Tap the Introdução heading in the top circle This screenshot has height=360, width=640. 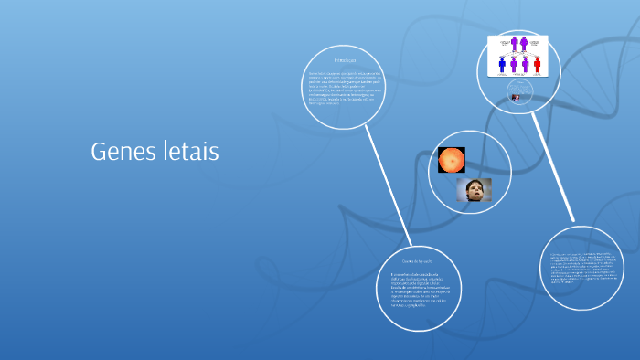point(344,61)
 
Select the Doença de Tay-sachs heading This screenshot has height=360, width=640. point(421,261)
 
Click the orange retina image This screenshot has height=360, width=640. point(452,161)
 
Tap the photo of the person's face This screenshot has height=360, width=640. point(474,190)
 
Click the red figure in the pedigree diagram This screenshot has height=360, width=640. point(538,66)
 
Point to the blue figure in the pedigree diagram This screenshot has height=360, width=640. point(501,66)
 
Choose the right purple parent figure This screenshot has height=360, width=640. point(525,43)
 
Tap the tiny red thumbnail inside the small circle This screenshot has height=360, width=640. point(517,97)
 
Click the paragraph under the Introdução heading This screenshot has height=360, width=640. point(344,88)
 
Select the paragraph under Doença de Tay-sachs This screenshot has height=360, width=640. point(421,290)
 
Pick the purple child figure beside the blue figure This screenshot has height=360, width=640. point(514,66)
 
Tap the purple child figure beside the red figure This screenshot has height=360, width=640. point(526,66)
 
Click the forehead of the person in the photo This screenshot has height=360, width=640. point(474,185)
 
